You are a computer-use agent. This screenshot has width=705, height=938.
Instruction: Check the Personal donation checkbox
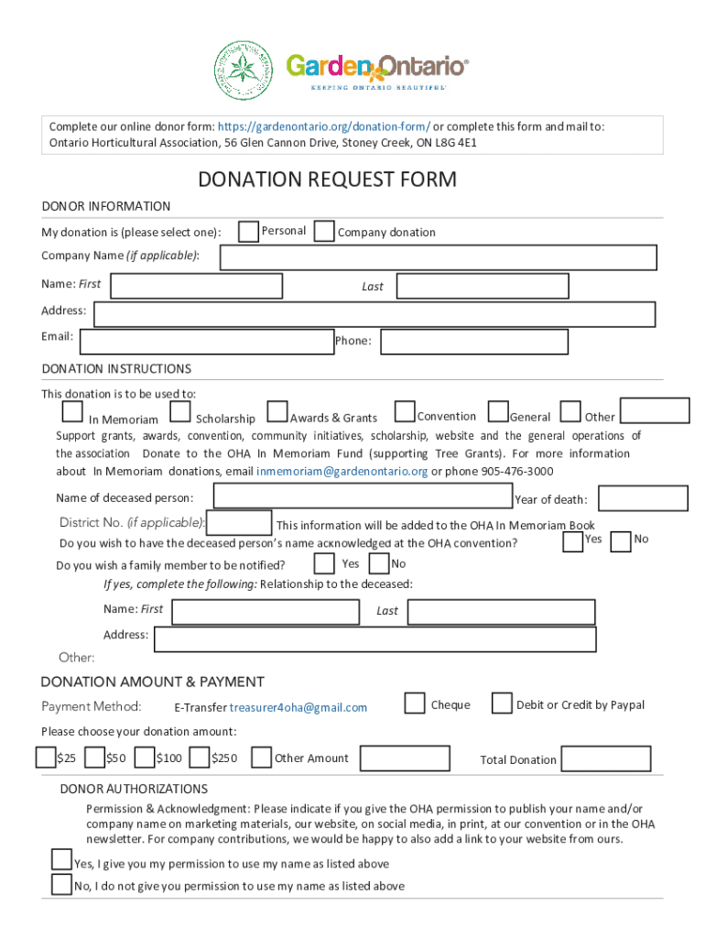point(248,232)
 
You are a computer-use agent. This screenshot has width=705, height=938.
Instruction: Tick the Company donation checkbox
point(324,232)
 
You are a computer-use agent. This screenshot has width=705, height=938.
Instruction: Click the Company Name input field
point(439,257)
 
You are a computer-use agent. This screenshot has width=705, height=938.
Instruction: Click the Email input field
point(207,342)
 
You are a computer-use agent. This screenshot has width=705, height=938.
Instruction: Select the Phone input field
point(474,342)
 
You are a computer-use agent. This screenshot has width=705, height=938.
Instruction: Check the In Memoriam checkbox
point(72,413)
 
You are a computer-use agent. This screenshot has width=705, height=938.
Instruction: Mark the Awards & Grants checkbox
point(277,413)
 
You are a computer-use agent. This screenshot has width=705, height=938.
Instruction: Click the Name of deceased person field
point(363,496)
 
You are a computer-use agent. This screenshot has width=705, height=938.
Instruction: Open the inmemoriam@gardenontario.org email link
point(342,472)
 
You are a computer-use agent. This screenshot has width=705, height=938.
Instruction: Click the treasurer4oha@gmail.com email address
point(298,707)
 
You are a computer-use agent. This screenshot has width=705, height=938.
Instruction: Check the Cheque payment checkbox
point(415,703)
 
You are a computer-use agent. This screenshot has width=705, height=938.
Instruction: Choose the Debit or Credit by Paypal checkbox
point(502,703)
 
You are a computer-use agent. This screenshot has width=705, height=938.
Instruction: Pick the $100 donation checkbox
point(144,758)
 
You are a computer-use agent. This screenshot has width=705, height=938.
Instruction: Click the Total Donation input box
point(606,758)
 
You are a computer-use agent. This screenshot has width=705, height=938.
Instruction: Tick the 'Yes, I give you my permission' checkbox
point(61,859)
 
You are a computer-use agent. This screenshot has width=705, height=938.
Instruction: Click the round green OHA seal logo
point(244,71)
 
